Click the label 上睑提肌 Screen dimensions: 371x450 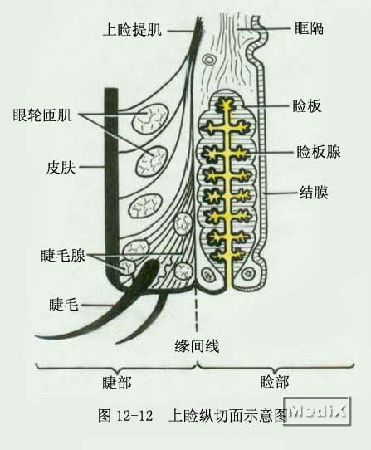132,30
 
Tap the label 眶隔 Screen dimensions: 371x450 309,28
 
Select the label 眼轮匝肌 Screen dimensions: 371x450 42,115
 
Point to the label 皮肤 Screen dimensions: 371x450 61,168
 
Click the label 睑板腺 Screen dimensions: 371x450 319,152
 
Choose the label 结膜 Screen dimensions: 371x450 314,192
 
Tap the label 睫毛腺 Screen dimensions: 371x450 63,255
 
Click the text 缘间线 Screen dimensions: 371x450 197,345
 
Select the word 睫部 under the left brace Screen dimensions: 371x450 117,383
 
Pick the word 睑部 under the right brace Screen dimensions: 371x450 275,382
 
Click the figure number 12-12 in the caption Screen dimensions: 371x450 134,415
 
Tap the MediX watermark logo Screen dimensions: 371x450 317,411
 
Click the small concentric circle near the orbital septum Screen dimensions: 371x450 209,61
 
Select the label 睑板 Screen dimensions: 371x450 307,106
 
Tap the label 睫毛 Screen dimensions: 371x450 63,304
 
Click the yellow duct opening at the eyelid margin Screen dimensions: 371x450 229,285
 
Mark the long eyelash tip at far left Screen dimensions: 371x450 37,335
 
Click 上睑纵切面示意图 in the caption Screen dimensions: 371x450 228,415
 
